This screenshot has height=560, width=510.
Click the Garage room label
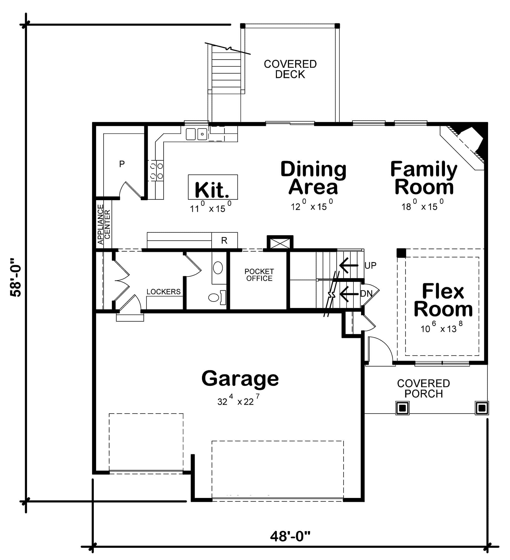[x=240, y=379]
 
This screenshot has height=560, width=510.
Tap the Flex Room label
[x=443, y=300]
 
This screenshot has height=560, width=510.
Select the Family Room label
[x=424, y=178]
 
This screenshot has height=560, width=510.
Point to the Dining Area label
[x=313, y=178]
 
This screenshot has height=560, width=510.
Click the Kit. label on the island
[x=212, y=190]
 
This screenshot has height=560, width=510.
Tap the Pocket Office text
[x=259, y=275]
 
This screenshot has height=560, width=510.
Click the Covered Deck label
[x=290, y=69]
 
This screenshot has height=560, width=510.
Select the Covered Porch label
[x=424, y=389]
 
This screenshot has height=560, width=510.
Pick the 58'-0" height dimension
[x=16, y=278]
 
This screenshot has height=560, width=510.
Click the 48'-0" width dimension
[x=290, y=537]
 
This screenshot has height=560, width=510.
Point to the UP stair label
[x=371, y=266]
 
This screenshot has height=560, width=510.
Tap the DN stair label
[x=366, y=294]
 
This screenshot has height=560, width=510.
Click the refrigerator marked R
[x=224, y=240]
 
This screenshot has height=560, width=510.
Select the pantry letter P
[x=122, y=164]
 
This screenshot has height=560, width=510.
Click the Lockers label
[x=163, y=292]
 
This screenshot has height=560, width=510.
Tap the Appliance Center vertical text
[x=104, y=224]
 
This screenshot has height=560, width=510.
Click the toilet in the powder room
[x=214, y=297]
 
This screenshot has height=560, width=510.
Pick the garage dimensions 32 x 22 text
[x=238, y=401]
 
